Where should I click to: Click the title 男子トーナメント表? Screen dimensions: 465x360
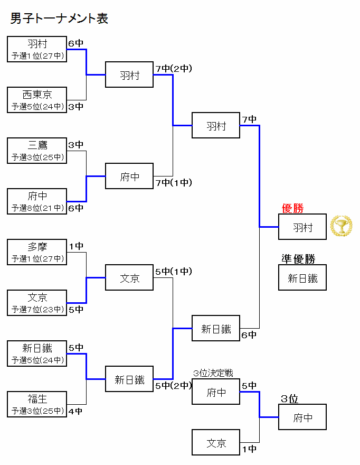(x=59, y=18)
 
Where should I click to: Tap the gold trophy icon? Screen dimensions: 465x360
(x=341, y=226)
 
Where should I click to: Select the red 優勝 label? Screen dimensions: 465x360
(x=292, y=208)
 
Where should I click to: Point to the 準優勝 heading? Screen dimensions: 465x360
(x=298, y=259)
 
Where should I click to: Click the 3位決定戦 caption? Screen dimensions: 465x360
(x=213, y=373)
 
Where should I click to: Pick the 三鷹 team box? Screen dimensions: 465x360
(x=37, y=151)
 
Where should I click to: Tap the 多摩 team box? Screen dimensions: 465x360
(x=37, y=252)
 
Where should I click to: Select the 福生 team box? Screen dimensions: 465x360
(x=37, y=404)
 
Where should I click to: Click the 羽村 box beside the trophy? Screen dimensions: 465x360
(x=302, y=227)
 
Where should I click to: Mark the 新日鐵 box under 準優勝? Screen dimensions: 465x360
(x=302, y=278)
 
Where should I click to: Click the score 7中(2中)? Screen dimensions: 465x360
(x=174, y=69)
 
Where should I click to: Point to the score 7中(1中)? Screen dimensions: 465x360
(x=174, y=183)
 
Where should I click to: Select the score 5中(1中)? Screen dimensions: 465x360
(x=174, y=272)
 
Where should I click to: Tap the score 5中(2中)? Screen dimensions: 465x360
(x=174, y=386)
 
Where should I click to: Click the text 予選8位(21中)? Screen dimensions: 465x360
(x=37, y=208)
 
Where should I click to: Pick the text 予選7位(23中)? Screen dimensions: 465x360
(x=37, y=310)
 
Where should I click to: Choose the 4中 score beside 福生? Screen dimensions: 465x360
(x=75, y=411)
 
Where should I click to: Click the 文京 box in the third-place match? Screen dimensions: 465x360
(x=216, y=443)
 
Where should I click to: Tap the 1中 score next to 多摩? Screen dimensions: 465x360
(x=75, y=246)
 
